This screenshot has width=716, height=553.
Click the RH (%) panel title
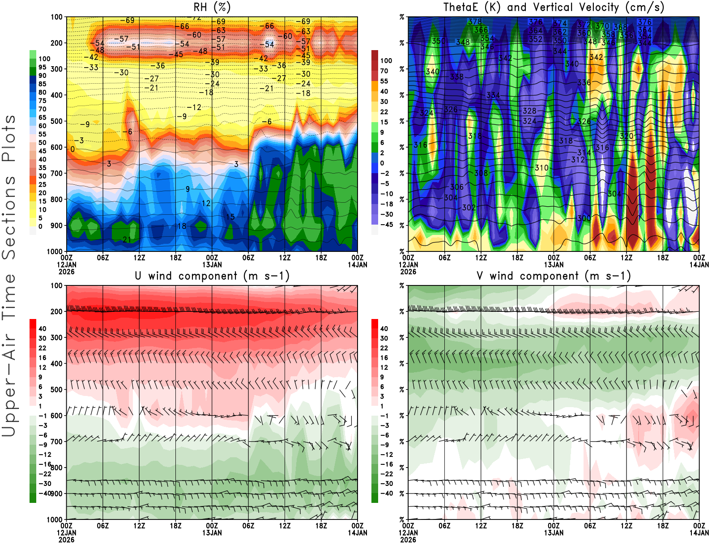click(212, 7)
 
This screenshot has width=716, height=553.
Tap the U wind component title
click(212, 276)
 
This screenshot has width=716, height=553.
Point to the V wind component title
click(554, 276)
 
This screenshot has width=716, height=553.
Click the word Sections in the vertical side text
click(9, 217)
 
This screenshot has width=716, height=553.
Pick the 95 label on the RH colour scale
click(43, 67)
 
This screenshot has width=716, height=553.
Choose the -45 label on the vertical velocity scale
click(386, 225)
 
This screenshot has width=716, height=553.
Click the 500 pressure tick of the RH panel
click(56, 121)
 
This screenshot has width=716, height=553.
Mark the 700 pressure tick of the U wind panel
click(56, 442)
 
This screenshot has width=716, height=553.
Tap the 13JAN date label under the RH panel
click(212, 264)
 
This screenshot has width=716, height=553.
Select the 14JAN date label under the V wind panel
click(699, 533)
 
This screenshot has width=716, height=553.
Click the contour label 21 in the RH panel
click(127, 240)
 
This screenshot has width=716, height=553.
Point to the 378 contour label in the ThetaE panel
click(475, 21)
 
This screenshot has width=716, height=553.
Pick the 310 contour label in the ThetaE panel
click(541, 168)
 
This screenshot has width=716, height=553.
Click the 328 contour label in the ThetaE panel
click(529, 111)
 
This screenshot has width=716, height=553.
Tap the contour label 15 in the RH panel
click(230, 217)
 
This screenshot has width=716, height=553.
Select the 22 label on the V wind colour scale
click(384, 348)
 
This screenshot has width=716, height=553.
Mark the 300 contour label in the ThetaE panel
click(584, 218)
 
